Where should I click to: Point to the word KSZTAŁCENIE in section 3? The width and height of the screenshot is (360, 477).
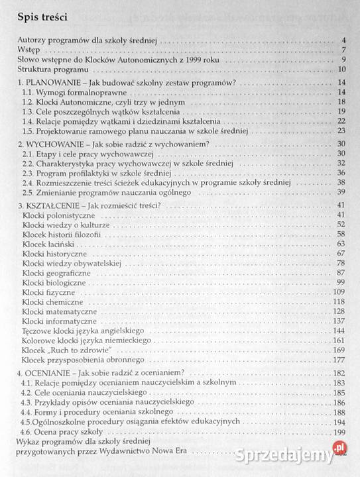point(54,205)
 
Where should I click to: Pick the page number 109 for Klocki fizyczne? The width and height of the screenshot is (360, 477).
point(340,291)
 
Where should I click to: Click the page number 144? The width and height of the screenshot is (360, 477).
point(340,330)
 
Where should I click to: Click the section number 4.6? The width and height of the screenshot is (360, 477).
point(28,432)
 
